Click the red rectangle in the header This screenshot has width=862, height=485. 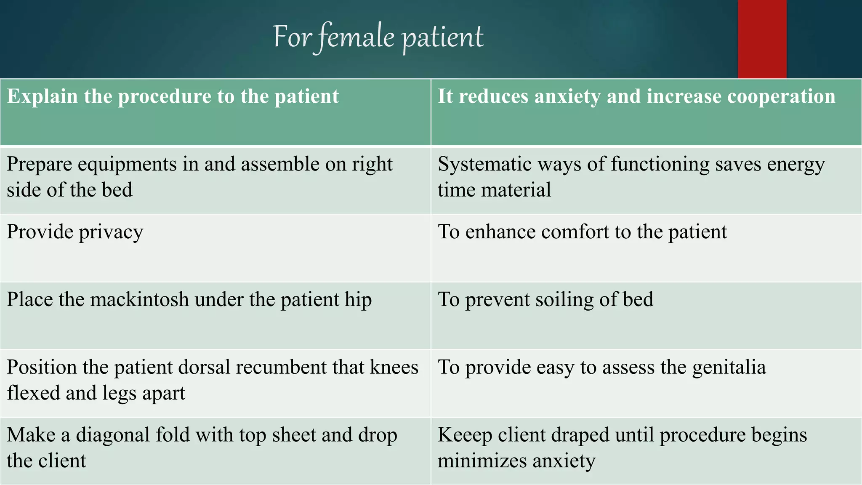click(762, 39)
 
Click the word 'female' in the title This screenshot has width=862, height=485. click(356, 37)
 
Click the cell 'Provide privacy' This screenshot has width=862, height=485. click(75, 232)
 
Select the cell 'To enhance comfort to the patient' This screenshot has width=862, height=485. click(582, 232)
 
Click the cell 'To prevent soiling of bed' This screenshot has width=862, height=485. click(545, 300)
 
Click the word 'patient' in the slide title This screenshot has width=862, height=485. click(442, 37)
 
